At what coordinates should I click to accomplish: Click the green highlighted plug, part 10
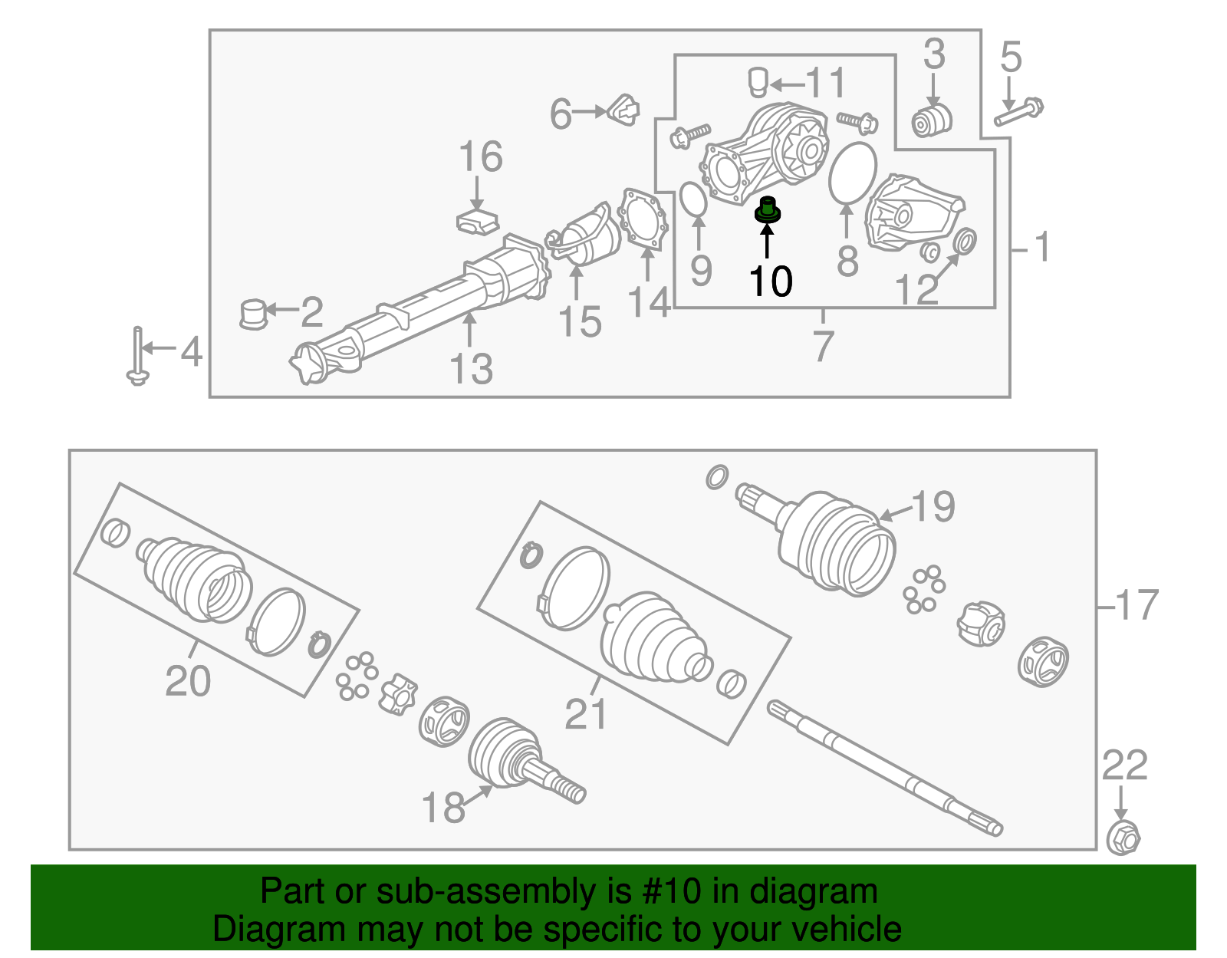coord(767,210)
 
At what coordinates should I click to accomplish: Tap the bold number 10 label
coord(770,282)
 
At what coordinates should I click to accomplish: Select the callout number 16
coord(481,157)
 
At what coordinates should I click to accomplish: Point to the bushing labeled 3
coord(932,120)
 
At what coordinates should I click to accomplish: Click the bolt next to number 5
coord(1019,112)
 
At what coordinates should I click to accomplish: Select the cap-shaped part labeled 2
coord(252,314)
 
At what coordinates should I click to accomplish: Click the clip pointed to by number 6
coord(624,110)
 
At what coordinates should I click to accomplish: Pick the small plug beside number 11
coord(758,81)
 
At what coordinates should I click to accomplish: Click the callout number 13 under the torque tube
coord(471,369)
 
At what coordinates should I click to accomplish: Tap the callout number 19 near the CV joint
coord(933,507)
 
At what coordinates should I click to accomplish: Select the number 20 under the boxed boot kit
coord(188,681)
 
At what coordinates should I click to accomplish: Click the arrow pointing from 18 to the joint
coord(479,793)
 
